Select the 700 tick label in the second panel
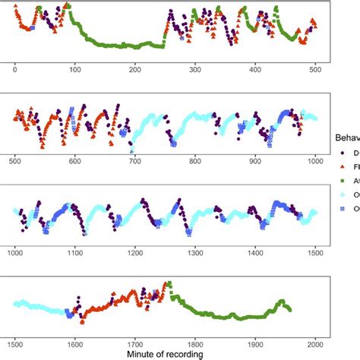[x=134, y=160]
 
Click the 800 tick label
[x=194, y=160]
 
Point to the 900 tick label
[x=254, y=160]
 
